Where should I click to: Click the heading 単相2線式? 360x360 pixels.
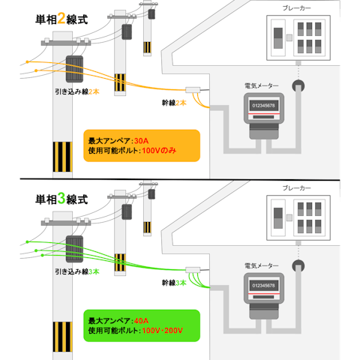click(61, 19)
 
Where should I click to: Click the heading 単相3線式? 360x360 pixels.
click(61, 199)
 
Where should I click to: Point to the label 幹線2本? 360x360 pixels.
click(174, 102)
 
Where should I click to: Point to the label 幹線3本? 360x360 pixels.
click(174, 283)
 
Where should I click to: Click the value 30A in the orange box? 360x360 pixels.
click(143, 140)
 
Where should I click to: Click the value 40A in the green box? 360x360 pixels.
click(143, 320)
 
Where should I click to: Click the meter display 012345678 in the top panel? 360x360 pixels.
click(262, 106)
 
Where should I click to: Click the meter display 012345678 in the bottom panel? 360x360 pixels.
click(262, 286)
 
